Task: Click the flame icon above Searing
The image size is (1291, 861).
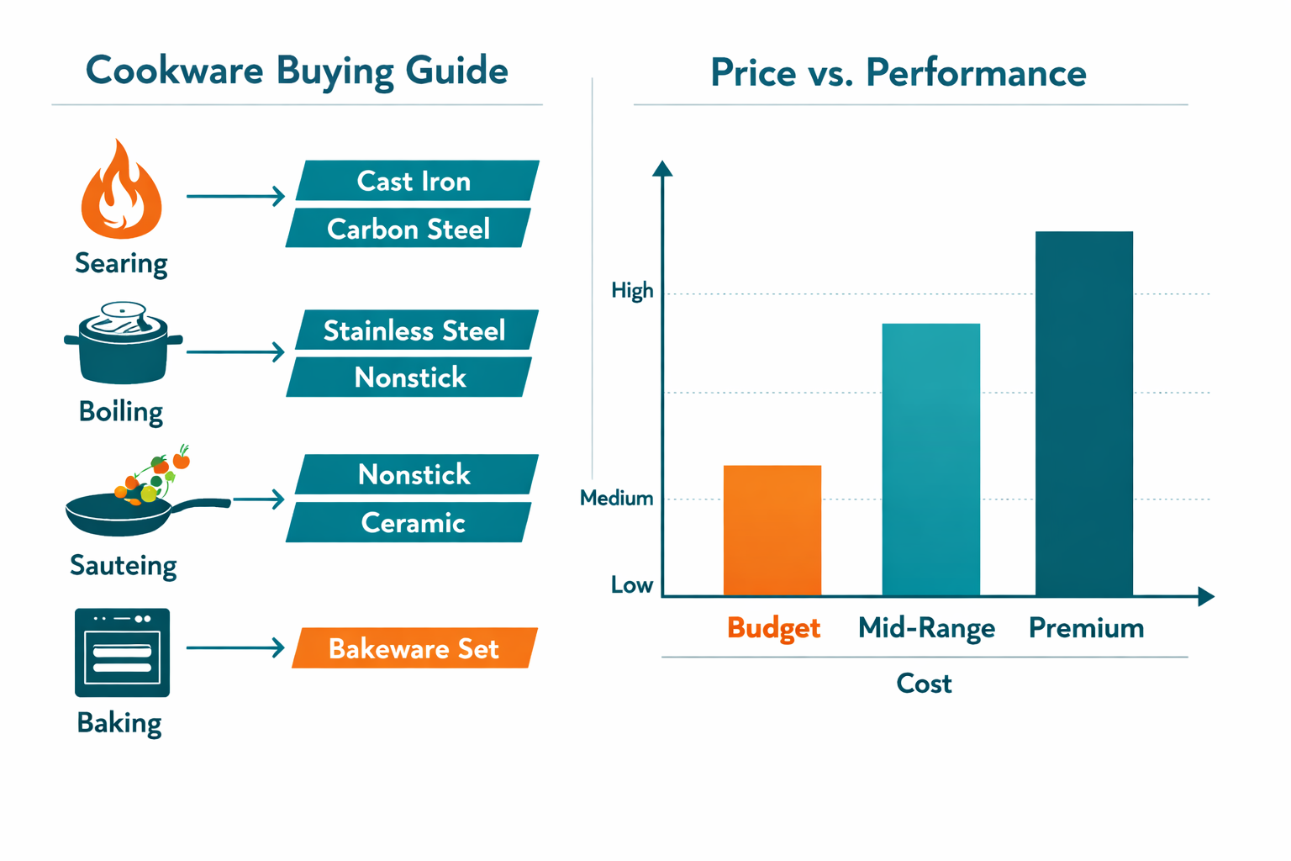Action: tap(122, 193)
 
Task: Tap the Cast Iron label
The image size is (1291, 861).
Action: tap(415, 181)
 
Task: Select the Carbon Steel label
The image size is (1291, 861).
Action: tap(408, 229)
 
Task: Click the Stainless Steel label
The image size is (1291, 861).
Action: tap(415, 330)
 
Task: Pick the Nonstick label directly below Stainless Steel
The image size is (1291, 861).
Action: tap(409, 378)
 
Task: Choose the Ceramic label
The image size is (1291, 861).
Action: tap(412, 523)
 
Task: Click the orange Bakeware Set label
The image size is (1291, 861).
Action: tap(414, 648)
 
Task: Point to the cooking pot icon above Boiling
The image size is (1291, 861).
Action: tap(123, 345)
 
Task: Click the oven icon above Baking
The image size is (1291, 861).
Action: tap(122, 652)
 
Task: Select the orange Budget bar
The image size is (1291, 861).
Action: tap(772, 531)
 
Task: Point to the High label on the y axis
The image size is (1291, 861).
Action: tap(632, 291)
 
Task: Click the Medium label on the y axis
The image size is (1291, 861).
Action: tap(617, 499)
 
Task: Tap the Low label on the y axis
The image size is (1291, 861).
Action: tap(632, 585)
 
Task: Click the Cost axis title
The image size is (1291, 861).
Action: tap(924, 684)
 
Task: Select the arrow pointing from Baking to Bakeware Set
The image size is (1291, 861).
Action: tap(235, 647)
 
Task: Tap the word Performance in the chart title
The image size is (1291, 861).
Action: tap(976, 73)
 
